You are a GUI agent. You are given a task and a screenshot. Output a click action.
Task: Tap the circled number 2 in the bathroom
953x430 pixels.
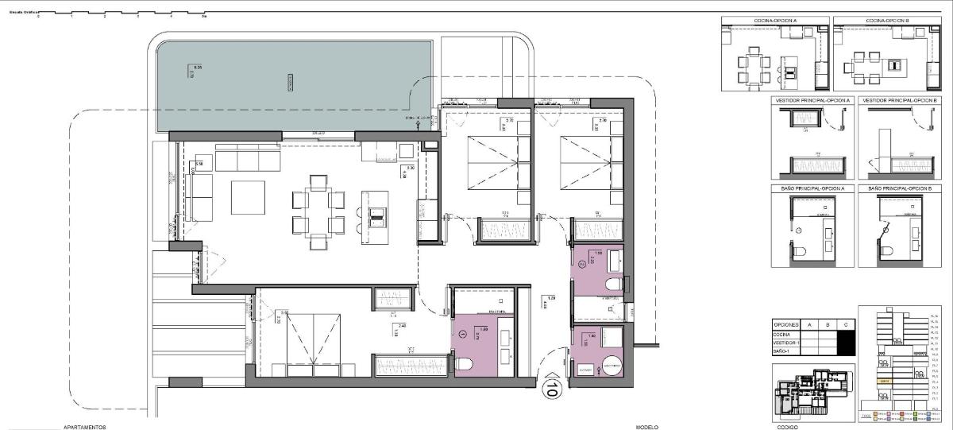(582, 263)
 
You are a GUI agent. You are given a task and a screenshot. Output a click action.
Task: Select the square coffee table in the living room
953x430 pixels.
(248, 197)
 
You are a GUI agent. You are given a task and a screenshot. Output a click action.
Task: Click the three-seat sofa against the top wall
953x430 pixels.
(248, 161)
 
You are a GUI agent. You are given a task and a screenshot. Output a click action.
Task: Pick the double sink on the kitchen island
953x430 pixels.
(377, 212)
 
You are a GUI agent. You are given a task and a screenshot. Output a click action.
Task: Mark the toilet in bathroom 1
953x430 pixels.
(464, 364)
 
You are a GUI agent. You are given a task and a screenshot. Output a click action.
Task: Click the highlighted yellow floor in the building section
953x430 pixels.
(885, 381)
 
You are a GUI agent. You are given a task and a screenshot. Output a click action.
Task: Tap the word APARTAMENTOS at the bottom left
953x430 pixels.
(84, 427)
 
